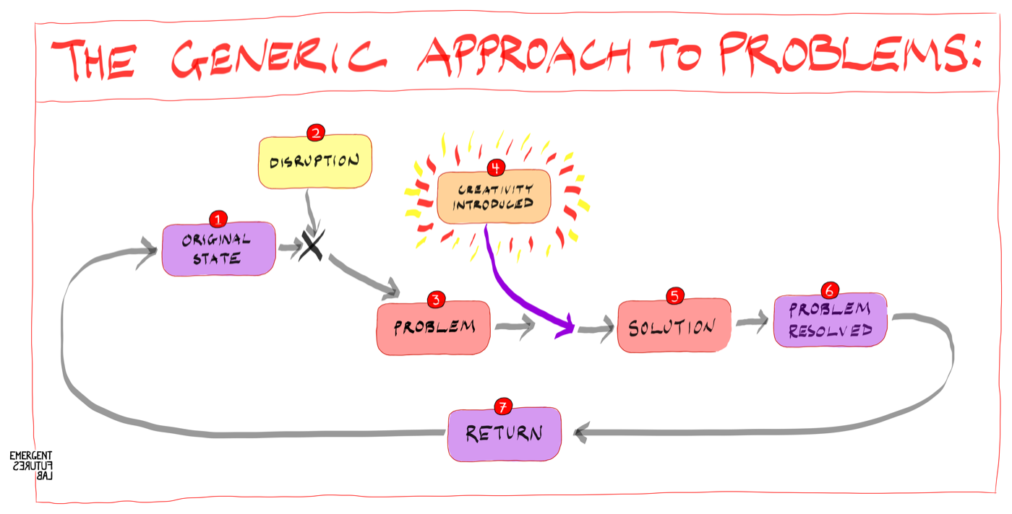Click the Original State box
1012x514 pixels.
[218, 250]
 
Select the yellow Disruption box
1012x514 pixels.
[315, 161]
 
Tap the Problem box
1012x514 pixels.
[433, 328]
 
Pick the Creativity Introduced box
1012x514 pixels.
[494, 196]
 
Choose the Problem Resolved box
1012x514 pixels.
[830, 321]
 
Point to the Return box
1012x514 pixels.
[504, 435]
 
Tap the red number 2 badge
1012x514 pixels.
[315, 133]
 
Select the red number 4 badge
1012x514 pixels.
[495, 167]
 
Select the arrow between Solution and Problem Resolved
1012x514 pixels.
[752, 322]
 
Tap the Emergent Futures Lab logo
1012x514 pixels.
[30, 466]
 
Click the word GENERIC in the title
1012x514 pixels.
[287, 58]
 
